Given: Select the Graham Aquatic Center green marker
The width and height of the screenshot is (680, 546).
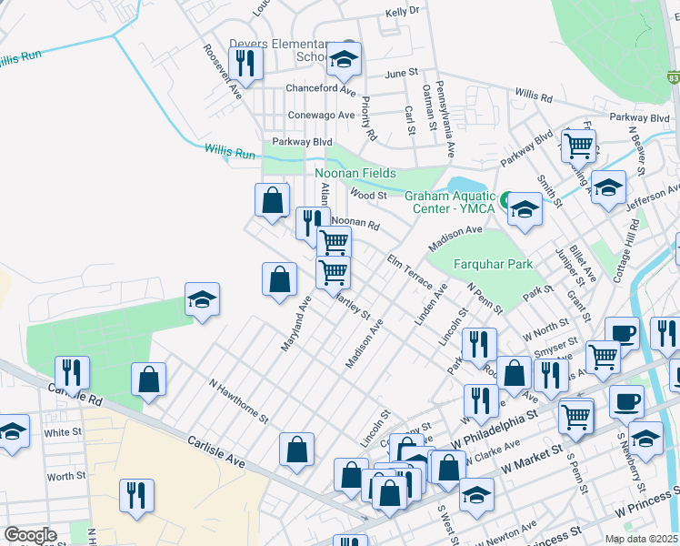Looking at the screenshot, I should coord(503,197).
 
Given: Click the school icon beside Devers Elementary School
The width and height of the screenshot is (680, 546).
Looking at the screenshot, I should coord(344,59).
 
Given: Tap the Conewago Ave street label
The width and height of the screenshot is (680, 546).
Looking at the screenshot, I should coord(321,116).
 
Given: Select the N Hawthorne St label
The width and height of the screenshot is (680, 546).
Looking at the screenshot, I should coord(238,401).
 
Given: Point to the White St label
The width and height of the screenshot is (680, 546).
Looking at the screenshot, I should coord(63,432).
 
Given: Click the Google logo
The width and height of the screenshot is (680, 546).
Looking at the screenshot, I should coord(31,535).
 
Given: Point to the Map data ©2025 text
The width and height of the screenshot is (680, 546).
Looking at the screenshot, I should coord(642,539).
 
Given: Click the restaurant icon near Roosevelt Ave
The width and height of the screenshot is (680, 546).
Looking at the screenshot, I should coord(245,62).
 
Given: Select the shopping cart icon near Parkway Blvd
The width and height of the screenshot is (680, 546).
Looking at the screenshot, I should coord(578,145).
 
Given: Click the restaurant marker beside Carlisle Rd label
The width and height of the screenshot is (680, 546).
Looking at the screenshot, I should coord(71,371).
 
